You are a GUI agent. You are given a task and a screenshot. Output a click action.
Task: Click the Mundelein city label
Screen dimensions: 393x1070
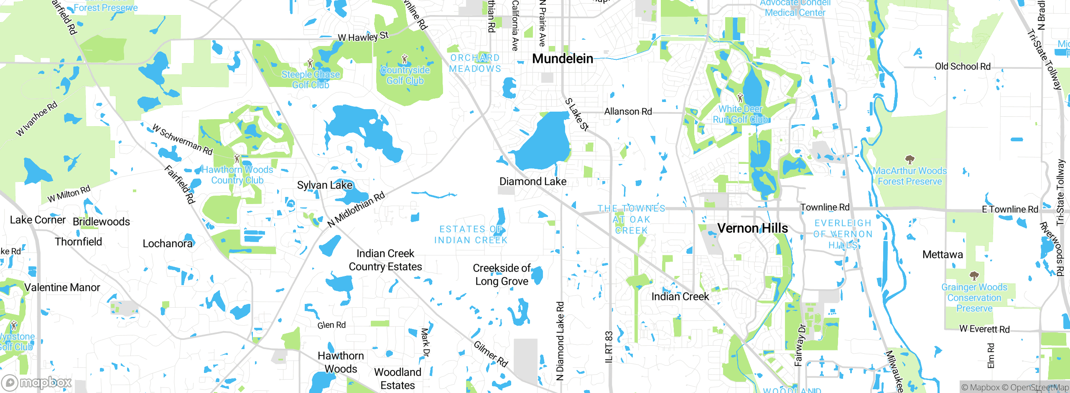pyautogui.click(x=563, y=59)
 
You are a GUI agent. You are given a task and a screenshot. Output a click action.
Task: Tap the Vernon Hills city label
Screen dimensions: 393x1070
pyautogui.click(x=752, y=228)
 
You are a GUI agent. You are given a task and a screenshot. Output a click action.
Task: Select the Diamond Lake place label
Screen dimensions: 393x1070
pyautogui.click(x=533, y=181)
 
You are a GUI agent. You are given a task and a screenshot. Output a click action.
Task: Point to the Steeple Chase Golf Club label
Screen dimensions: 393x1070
pyautogui.click(x=311, y=79)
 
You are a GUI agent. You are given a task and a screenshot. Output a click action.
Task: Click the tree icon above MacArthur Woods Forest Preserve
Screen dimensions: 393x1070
pyautogui.click(x=909, y=159)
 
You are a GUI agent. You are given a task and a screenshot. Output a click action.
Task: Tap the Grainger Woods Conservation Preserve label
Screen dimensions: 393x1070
pyautogui.click(x=974, y=298)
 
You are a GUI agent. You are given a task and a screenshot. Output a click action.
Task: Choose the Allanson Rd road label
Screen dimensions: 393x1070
pyautogui.click(x=628, y=112)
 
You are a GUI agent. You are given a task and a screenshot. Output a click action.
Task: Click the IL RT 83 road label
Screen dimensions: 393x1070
pyautogui.click(x=609, y=347)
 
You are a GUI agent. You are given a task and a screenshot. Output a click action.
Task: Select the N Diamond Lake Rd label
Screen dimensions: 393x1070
pyautogui.click(x=560, y=341)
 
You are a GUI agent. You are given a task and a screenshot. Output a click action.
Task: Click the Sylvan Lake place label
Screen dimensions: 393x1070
pyautogui.click(x=325, y=185)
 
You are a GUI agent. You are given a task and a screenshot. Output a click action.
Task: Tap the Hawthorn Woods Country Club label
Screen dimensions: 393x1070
pyautogui.click(x=237, y=175)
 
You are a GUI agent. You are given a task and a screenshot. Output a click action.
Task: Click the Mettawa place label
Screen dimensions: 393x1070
pyautogui.click(x=943, y=254)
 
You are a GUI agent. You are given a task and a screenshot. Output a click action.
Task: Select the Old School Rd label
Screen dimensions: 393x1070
pyautogui.click(x=963, y=66)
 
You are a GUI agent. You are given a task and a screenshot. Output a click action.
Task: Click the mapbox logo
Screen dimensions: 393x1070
pyautogui.click(x=37, y=383)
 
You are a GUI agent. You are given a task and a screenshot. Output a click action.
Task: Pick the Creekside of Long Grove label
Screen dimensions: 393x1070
pyautogui.click(x=502, y=274)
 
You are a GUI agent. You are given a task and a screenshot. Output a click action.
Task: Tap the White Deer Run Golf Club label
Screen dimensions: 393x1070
pyautogui.click(x=740, y=114)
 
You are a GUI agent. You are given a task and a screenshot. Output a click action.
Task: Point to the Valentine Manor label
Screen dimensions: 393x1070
pyautogui.click(x=62, y=287)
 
